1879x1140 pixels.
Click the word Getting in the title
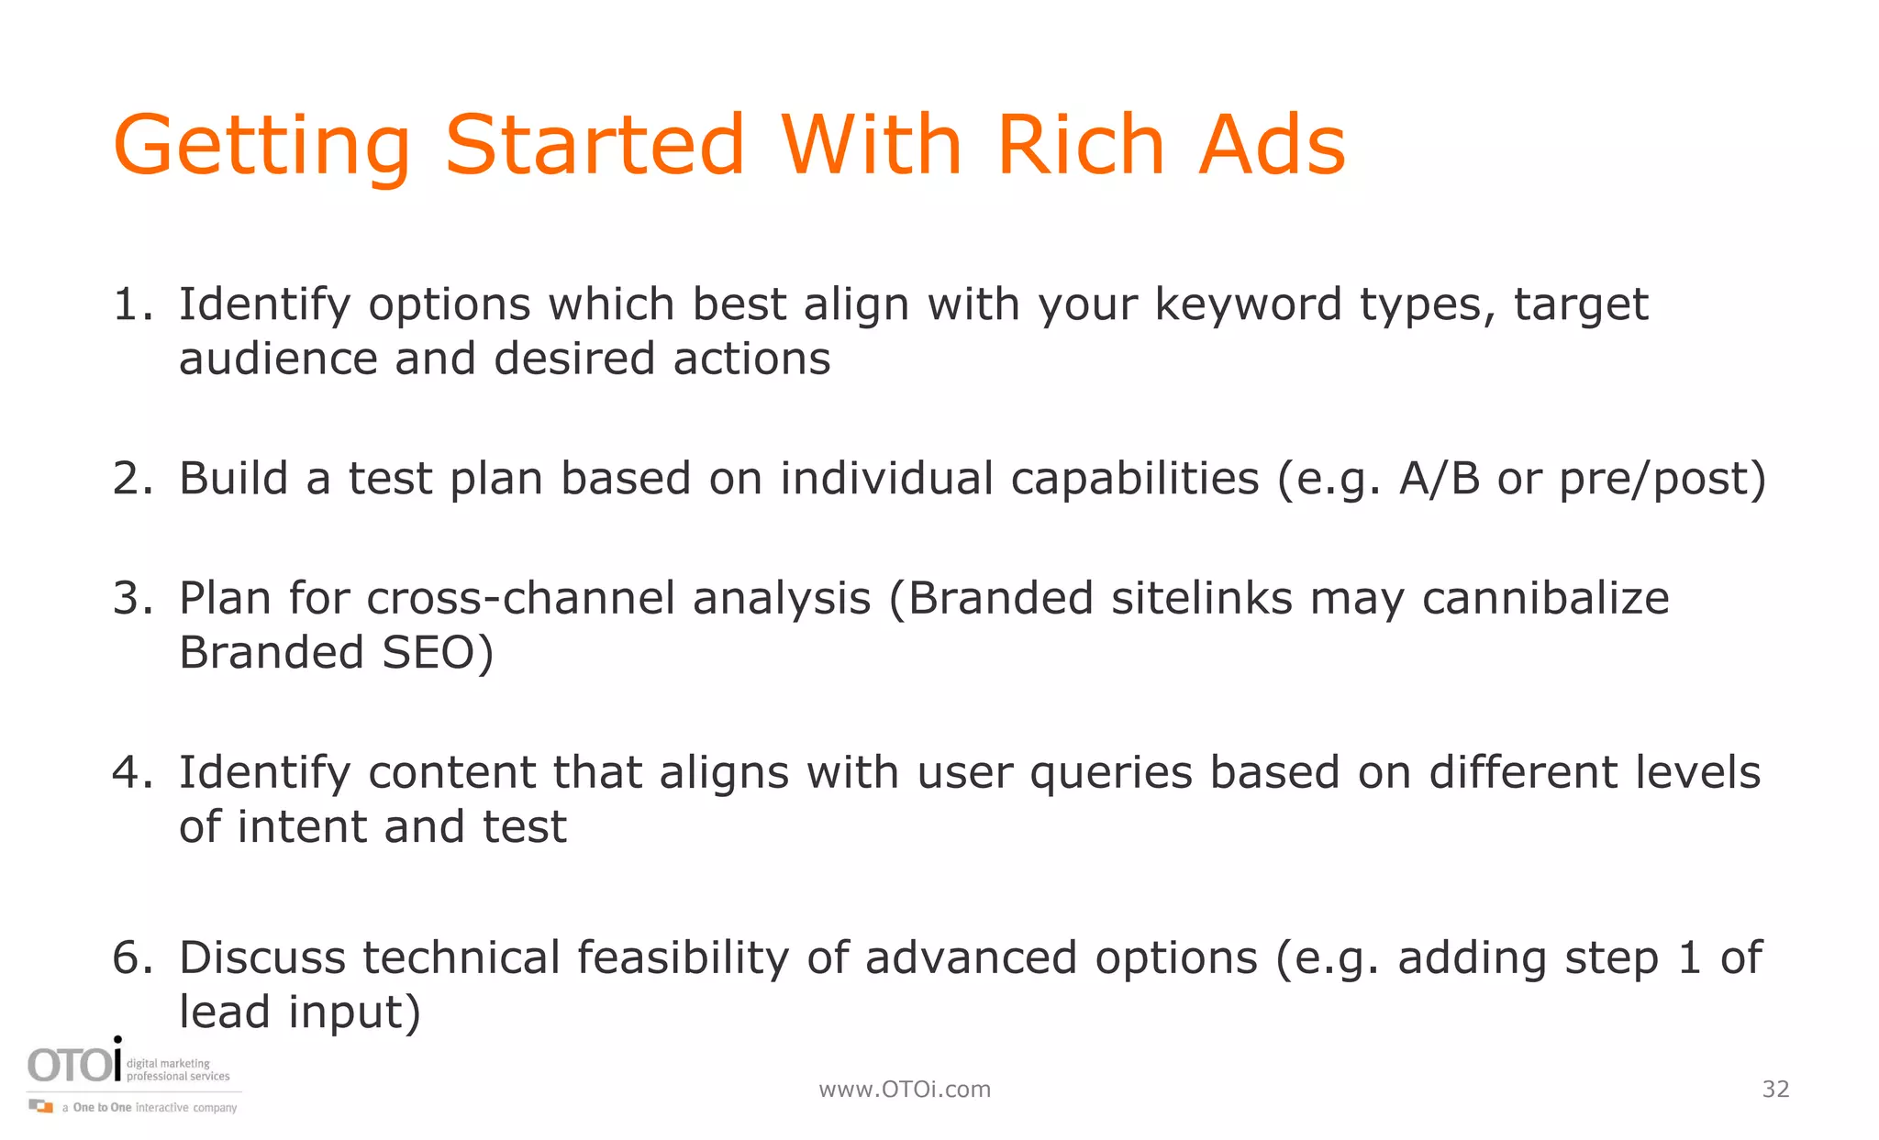pos(261,147)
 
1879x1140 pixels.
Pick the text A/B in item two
pos(1439,479)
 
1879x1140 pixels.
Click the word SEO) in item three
pos(438,653)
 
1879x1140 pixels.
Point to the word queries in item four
pos(1110,774)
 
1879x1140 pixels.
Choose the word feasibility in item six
pos(683,958)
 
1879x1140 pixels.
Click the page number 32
pos(1775,1090)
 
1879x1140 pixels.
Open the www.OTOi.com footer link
pos(905,1090)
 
